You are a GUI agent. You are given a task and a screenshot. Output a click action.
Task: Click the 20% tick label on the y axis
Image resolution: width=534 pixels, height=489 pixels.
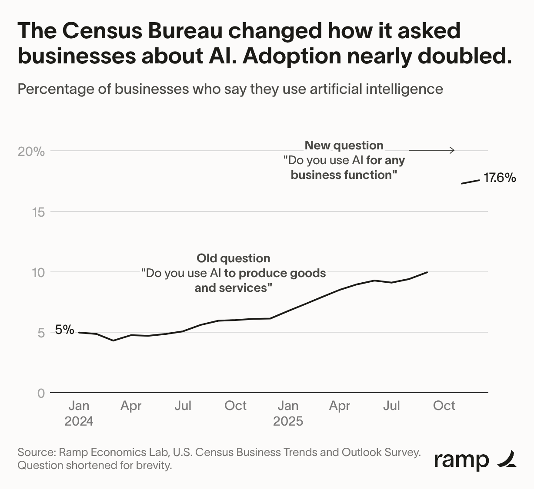tap(31, 152)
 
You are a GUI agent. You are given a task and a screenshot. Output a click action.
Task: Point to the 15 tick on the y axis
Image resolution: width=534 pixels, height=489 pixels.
tap(38, 212)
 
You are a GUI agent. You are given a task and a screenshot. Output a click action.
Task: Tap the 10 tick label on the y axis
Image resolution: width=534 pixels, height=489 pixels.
tap(38, 272)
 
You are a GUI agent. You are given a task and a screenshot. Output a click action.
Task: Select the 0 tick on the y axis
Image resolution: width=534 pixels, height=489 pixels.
tap(41, 393)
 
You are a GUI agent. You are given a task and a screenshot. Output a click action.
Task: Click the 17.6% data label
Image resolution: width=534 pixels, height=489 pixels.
tap(500, 178)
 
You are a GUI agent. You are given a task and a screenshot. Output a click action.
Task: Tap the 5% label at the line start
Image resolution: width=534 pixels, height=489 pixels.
tap(65, 330)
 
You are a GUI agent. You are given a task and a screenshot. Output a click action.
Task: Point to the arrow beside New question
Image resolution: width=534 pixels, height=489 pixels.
tap(432, 150)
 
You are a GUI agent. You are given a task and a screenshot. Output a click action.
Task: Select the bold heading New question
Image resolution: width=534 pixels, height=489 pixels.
tap(344, 145)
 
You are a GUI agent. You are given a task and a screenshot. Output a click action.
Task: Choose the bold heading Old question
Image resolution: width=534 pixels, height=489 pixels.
tap(234, 258)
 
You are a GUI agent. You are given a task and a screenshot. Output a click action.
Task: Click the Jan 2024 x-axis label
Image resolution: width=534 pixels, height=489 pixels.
tap(79, 413)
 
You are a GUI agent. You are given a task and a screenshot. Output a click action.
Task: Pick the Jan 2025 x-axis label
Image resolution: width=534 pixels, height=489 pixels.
tap(288, 413)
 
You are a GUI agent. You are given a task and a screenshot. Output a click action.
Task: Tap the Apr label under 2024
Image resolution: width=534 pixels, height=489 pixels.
tap(131, 406)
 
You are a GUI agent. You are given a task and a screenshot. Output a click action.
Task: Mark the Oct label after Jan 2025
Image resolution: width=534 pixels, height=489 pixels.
tap(444, 406)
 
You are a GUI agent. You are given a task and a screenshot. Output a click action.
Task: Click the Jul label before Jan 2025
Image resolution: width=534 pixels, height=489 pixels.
tap(183, 406)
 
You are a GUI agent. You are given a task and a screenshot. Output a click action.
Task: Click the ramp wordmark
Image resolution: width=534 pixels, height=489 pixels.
tap(461, 459)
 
